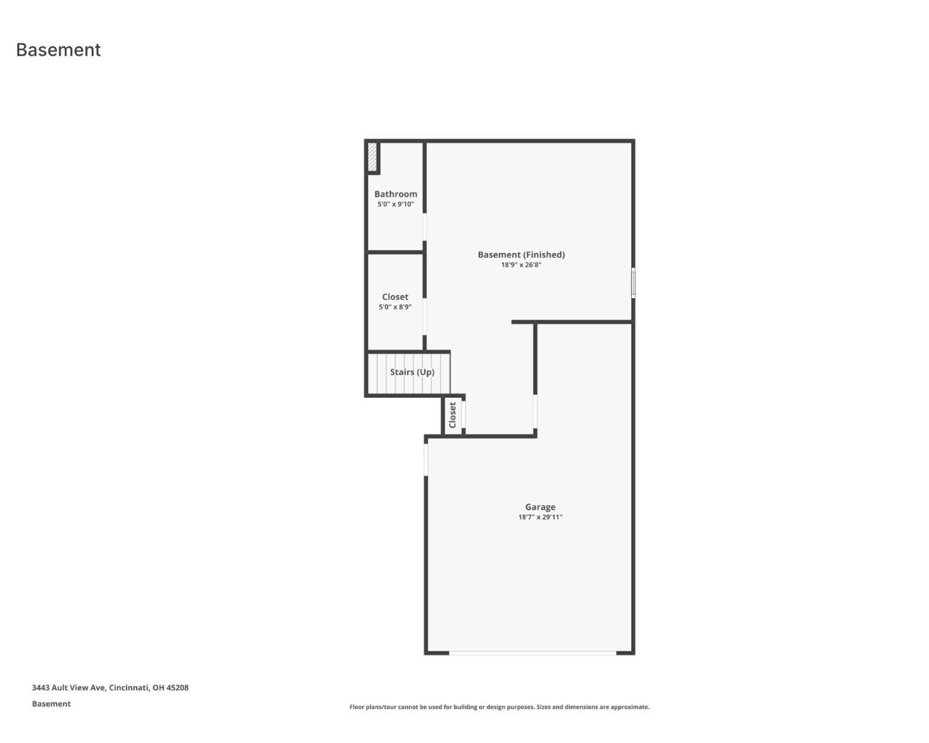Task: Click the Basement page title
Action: tap(58, 50)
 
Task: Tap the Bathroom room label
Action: tap(395, 194)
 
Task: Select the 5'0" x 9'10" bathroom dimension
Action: tap(395, 204)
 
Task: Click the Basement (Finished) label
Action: tap(521, 255)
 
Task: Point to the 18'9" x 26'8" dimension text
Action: tap(521, 265)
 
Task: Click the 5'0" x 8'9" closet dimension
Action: tap(395, 307)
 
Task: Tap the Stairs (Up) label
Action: tap(412, 372)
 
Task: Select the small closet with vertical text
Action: tap(453, 415)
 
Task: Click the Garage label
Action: tap(540, 507)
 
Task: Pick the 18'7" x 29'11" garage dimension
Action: tap(540, 517)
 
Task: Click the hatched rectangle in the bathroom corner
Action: tap(372, 157)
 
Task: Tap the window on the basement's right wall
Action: tap(633, 283)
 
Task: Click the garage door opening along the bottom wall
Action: tap(532, 653)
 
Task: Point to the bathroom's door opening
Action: tap(425, 227)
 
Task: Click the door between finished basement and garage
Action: tap(535, 411)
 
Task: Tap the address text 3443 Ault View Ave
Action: tap(110, 688)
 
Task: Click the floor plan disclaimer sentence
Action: tap(499, 707)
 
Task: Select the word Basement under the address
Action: tap(51, 704)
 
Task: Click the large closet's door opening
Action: tap(425, 316)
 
